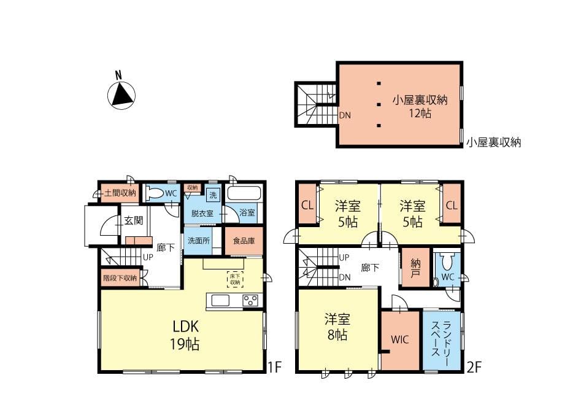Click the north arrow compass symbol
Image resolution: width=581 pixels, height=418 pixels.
click(x=121, y=95)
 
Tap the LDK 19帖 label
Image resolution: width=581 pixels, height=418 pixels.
click(x=185, y=335)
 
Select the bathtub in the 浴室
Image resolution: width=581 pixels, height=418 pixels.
click(x=244, y=193)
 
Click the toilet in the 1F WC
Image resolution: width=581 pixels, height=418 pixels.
click(x=155, y=193)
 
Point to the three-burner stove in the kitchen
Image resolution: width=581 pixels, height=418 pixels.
click(x=250, y=300)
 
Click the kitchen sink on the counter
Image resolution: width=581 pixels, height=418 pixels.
click(x=221, y=300)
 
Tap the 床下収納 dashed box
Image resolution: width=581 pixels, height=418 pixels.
click(x=235, y=279)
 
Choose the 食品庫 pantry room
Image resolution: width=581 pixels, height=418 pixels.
click(x=244, y=241)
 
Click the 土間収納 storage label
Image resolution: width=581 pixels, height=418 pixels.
click(x=120, y=193)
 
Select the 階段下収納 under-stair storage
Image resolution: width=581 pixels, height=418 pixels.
click(x=120, y=277)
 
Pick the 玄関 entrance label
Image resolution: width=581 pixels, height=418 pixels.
click(x=133, y=220)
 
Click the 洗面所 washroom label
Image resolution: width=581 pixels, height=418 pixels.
click(x=199, y=241)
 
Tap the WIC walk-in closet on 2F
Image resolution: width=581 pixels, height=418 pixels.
click(x=400, y=340)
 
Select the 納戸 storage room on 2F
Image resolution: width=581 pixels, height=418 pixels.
click(x=416, y=267)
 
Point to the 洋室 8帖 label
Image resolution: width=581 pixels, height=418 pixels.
click(x=337, y=327)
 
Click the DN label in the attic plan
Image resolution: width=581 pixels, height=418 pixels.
click(x=345, y=115)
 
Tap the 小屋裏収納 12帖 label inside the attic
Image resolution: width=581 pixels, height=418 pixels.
click(x=420, y=106)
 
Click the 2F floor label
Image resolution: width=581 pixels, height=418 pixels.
click(x=474, y=367)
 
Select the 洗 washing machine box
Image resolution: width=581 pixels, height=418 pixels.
click(x=213, y=195)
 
